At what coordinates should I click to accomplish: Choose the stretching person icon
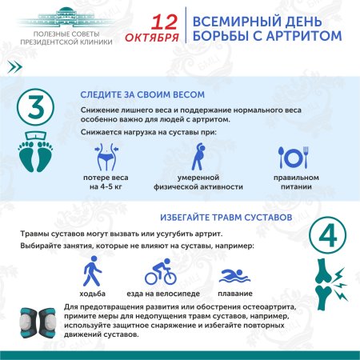198,158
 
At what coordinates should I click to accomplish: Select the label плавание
235,294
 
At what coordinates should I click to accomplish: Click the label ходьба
94,294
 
